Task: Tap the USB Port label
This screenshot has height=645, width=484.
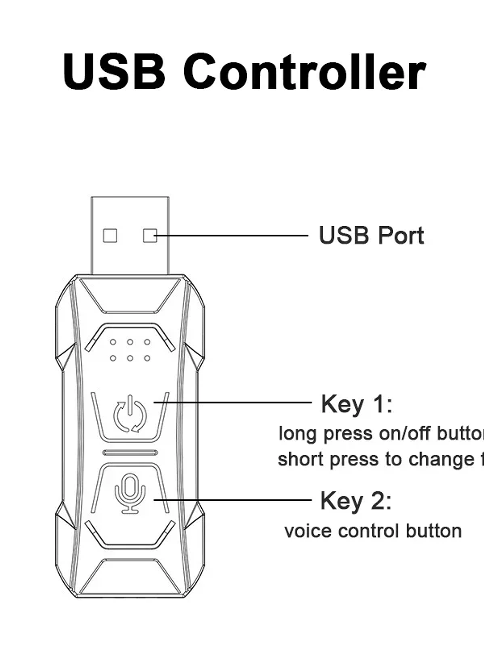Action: [x=371, y=236]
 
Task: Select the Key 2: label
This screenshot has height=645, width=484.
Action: [x=356, y=501]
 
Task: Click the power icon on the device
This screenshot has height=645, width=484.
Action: [x=130, y=415]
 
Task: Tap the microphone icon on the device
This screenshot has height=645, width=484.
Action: [x=130, y=493]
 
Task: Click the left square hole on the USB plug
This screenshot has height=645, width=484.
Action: [x=110, y=236]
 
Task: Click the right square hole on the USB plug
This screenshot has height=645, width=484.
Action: [x=149, y=236]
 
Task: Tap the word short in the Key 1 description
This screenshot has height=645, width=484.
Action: [x=301, y=459]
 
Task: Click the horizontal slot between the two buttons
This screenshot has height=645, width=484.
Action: [x=130, y=453]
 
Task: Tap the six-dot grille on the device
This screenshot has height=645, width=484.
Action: [x=130, y=350]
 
